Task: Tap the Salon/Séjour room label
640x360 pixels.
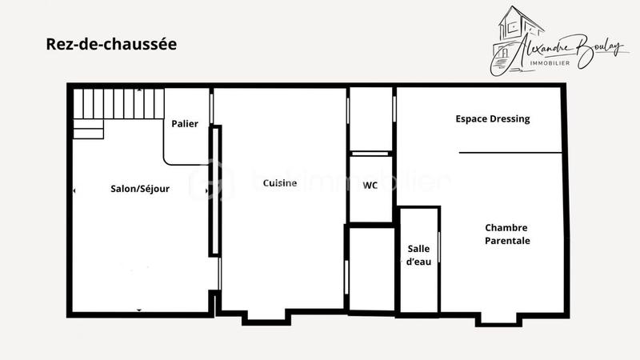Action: click(x=140, y=189)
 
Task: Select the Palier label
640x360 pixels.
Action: click(x=185, y=124)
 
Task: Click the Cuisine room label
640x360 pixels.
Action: click(x=280, y=183)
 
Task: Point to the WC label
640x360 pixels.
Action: click(x=370, y=186)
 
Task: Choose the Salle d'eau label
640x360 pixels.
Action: click(x=419, y=255)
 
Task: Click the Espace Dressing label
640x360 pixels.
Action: click(x=493, y=119)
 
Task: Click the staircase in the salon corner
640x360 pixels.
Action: click(x=119, y=104)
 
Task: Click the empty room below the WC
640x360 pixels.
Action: click(x=370, y=268)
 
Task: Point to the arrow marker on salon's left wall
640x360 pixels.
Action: click(x=74, y=191)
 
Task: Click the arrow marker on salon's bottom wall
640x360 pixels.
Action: click(x=139, y=310)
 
